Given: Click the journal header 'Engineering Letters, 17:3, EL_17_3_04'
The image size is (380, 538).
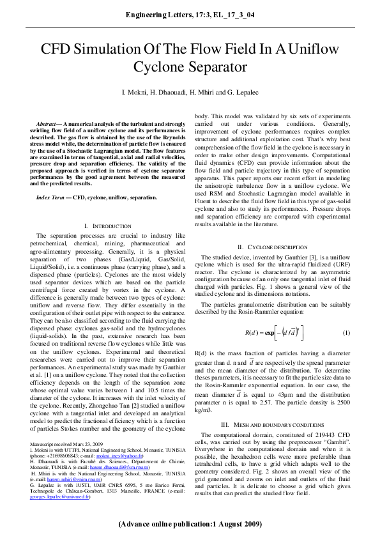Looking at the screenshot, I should point(190,14).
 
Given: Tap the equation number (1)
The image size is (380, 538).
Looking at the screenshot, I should point(346,334).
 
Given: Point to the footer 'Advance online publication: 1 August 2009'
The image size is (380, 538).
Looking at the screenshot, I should point(190,523).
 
